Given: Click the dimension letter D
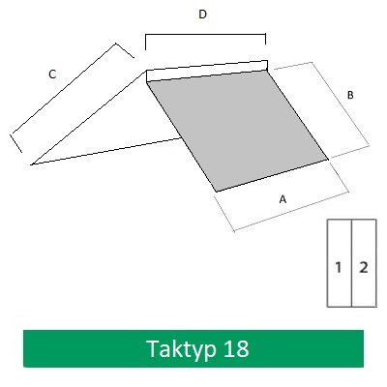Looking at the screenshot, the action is click(x=202, y=15).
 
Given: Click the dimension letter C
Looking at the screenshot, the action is click(x=52, y=74).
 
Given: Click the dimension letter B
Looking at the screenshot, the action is click(x=350, y=95).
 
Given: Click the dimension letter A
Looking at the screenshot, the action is click(x=283, y=199).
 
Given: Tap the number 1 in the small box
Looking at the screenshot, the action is click(x=339, y=267).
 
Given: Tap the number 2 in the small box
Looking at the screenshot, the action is click(x=364, y=267).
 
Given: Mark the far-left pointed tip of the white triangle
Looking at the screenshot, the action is click(x=32, y=164).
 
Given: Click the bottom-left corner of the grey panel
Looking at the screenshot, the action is click(x=217, y=192).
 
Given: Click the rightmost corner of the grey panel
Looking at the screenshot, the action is click(x=328, y=159).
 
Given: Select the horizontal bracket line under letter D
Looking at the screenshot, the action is click(x=205, y=34).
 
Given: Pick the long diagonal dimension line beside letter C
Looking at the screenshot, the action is click(x=64, y=88).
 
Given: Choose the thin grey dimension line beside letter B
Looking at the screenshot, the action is click(x=341, y=104).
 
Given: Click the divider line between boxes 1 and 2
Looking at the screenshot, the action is click(x=351, y=263).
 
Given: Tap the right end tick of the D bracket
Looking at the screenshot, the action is click(x=265, y=39).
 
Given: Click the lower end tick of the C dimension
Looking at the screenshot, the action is click(x=16, y=143).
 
